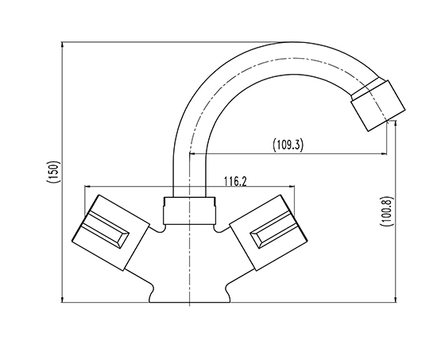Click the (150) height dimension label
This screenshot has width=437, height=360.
point(53,172)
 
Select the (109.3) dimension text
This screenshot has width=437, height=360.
point(288,145)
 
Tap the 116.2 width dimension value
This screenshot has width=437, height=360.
point(235,181)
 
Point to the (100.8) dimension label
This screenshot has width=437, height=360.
point(387,211)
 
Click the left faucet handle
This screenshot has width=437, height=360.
point(110,233)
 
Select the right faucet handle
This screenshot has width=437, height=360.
point(268,233)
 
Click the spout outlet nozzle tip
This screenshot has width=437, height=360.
point(378,106)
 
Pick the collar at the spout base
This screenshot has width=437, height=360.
point(190,211)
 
